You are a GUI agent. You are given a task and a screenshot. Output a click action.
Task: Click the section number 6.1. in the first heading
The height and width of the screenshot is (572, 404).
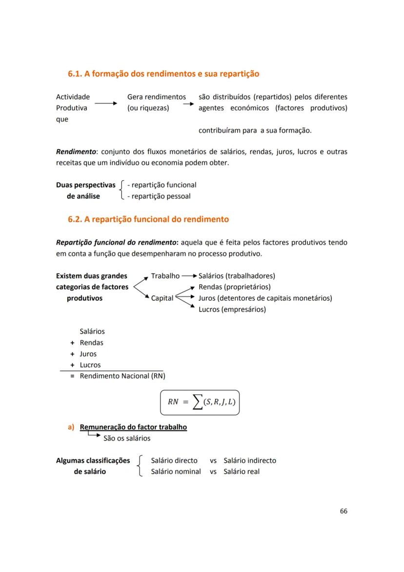point(75,74)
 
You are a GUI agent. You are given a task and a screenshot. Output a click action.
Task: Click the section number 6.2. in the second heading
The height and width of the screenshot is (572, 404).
point(75,219)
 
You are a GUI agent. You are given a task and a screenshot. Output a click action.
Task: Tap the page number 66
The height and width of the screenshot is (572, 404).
point(343,511)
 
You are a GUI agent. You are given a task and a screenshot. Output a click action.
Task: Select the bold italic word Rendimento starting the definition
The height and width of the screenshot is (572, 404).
point(75,152)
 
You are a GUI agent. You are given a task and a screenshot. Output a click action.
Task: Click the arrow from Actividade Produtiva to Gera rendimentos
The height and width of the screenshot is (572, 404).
point(105,104)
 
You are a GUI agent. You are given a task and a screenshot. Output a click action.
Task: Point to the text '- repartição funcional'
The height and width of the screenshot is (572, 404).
point(162,185)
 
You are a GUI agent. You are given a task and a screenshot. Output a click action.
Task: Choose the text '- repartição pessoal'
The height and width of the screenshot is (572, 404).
point(159,196)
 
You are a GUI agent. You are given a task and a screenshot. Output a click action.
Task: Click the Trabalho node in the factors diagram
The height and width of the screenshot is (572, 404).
point(165,276)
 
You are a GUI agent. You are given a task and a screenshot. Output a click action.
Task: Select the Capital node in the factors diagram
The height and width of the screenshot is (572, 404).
point(162,298)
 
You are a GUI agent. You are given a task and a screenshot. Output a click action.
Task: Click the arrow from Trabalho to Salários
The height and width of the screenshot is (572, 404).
point(189,276)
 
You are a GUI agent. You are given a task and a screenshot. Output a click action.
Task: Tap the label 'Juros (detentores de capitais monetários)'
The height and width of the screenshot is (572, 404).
point(265,298)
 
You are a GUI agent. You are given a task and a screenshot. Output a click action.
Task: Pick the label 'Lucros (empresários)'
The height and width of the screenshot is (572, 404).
point(232,309)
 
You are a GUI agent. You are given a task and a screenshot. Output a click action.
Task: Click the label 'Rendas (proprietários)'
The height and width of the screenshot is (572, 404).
point(234,287)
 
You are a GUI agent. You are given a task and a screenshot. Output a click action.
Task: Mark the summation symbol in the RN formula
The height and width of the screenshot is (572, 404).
point(196,403)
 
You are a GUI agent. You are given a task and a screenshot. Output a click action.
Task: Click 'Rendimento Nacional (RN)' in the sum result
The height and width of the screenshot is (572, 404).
point(122,376)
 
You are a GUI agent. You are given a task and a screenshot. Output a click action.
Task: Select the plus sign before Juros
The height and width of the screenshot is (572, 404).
point(72,354)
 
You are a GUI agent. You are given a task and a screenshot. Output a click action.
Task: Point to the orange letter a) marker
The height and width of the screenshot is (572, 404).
point(71,427)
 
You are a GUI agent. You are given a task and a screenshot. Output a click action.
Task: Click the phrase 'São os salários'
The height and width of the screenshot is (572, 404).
point(127,438)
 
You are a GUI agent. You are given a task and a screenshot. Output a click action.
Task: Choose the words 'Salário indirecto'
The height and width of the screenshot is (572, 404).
point(250,461)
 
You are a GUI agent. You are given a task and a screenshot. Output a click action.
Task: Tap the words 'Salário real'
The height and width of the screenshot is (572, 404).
point(242,472)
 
